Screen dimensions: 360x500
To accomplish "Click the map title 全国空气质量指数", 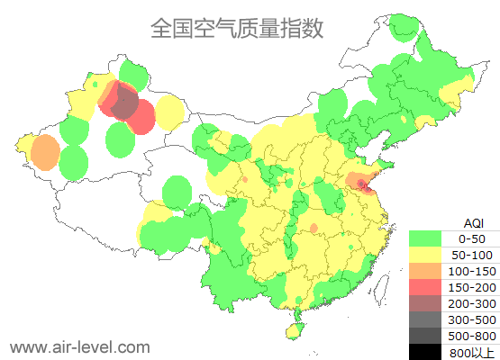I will [x=236, y=29].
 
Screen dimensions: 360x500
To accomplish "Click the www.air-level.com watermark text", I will [x=79, y=346].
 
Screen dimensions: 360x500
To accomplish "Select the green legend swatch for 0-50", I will [x=425, y=238].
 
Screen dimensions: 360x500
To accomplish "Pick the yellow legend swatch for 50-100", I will [x=425, y=255].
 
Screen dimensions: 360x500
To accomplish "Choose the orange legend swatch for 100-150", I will [x=425, y=271].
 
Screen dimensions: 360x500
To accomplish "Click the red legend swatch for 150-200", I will [x=425, y=287].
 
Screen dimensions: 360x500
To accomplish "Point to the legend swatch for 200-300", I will [x=425, y=303].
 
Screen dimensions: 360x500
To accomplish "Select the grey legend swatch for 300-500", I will [x=425, y=319].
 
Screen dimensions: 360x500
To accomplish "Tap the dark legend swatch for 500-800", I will [x=425, y=336].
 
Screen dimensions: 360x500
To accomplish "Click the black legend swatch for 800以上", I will [x=425, y=352].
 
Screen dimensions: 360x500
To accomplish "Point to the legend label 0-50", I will [x=471, y=238].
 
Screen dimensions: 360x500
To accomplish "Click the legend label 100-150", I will [x=471, y=271].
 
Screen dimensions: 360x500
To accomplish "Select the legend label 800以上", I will [x=471, y=352].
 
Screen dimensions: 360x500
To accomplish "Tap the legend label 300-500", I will [x=471, y=319].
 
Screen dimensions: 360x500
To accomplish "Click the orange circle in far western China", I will [x=43, y=152].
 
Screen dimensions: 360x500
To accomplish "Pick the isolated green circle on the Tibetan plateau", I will [x=177, y=192].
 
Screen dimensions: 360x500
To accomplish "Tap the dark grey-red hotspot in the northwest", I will [x=125, y=106].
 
